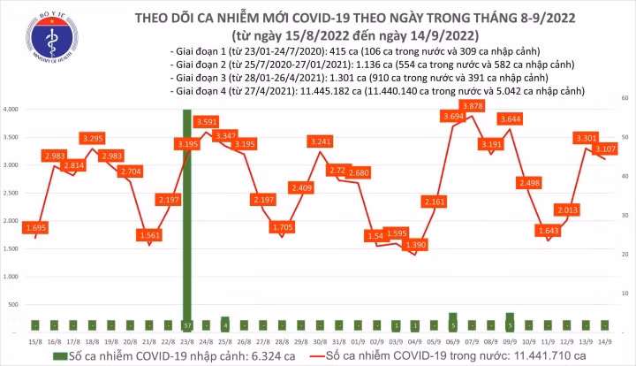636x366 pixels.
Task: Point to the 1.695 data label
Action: (x=36, y=228)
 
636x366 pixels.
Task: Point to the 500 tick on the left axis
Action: (x=17, y=304)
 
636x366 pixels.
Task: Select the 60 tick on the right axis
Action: (x=625, y=96)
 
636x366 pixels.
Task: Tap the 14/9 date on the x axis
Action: (x=604, y=341)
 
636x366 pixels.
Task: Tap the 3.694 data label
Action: (x=453, y=117)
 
